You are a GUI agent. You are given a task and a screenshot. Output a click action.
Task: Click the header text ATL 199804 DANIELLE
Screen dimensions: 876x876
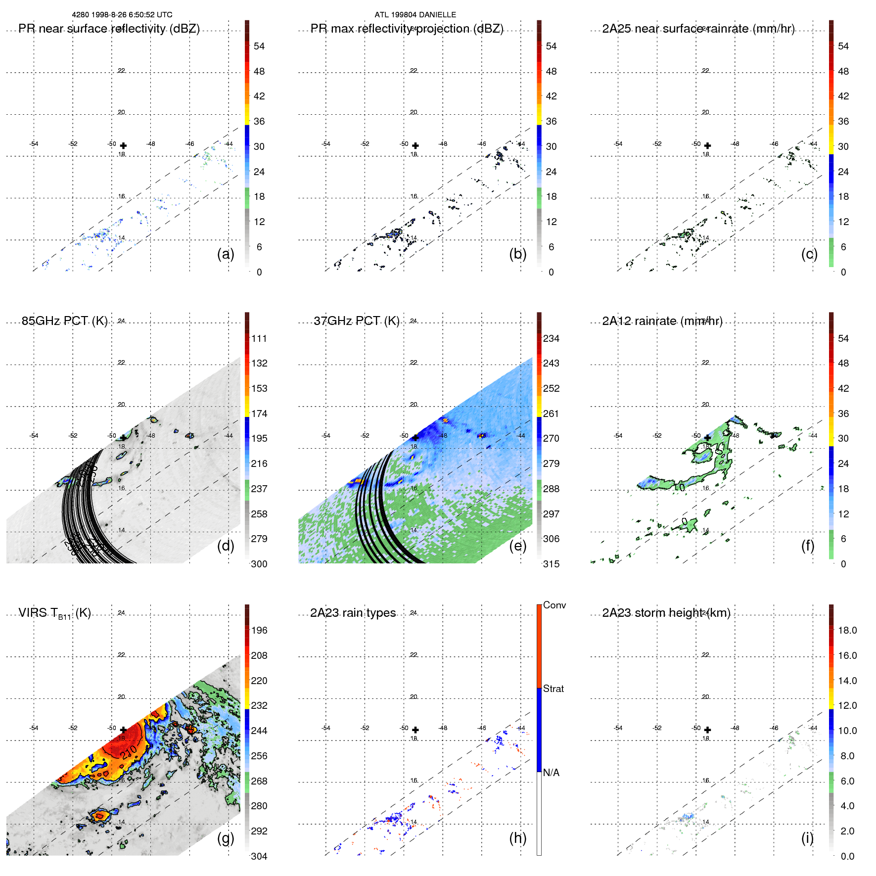[415, 15]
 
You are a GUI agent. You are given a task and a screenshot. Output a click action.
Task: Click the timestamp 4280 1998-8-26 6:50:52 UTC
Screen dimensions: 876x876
[122, 15]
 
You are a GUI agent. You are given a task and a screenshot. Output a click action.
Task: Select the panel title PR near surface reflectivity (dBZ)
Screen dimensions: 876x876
[109, 29]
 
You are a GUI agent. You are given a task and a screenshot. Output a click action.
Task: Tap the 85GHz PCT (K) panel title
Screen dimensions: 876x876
[64, 321]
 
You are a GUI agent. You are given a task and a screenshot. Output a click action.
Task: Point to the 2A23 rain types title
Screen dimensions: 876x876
[353, 613]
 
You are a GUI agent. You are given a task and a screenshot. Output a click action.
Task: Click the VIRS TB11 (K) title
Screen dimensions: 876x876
[54, 613]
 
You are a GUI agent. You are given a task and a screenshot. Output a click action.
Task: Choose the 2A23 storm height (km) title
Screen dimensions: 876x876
[666, 613]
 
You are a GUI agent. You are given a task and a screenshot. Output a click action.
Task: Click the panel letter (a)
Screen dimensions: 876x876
[226, 254]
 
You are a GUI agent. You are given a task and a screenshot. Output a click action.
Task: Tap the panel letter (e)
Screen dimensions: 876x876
[518, 546]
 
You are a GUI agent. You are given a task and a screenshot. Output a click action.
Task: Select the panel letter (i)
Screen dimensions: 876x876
[807, 838]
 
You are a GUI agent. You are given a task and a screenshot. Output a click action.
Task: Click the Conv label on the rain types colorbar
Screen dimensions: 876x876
[554, 605]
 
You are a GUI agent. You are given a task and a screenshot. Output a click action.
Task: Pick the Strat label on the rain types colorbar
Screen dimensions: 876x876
[553, 689]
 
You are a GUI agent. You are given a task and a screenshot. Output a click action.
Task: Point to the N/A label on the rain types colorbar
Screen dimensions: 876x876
[551, 773]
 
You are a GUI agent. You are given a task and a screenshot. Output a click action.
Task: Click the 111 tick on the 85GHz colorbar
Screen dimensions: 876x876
[259, 338]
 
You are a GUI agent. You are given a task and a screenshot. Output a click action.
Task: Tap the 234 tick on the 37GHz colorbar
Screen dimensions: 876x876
[551, 338]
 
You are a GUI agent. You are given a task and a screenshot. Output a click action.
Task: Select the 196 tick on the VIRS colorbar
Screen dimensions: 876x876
[259, 630]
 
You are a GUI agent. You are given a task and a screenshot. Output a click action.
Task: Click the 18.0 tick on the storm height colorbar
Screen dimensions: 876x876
[847, 630]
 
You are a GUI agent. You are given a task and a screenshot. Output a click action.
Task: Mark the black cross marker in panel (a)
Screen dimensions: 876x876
[123, 145]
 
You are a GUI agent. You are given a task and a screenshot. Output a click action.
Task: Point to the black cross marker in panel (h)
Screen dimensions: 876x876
[415, 730]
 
